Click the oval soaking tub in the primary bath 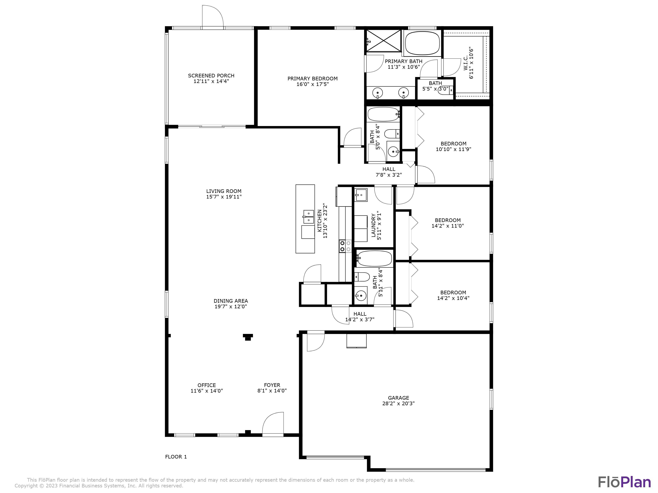tap(422, 43)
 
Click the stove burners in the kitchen tap(345, 246)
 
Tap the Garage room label tap(398, 398)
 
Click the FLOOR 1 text tap(176, 457)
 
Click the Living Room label tap(224, 191)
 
